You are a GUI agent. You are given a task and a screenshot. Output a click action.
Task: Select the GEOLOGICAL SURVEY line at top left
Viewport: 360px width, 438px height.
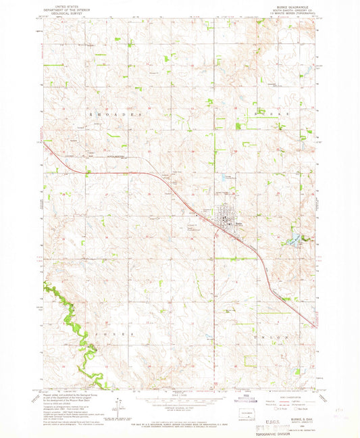[x=61, y=13]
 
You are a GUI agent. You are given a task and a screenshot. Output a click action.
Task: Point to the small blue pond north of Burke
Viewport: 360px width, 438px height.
[x=222, y=178]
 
